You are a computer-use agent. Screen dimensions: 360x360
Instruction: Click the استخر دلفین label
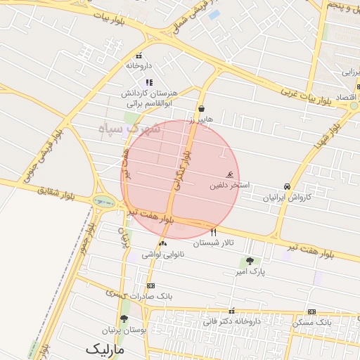(x=229, y=186)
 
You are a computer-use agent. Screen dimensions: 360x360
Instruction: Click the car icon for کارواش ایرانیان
(x=287, y=186)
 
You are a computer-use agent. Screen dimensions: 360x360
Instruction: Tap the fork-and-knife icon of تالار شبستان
(x=214, y=232)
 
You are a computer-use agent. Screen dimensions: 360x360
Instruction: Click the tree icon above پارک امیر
(x=250, y=261)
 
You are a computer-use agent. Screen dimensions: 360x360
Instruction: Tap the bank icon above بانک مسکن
(x=311, y=311)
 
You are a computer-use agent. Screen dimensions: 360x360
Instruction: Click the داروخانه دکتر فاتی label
(x=232, y=321)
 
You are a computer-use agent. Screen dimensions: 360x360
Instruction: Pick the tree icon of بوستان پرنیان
(x=124, y=319)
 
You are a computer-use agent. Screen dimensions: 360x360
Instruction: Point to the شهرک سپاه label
(x=130, y=129)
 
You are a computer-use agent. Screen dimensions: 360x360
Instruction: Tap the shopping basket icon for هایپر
(x=202, y=109)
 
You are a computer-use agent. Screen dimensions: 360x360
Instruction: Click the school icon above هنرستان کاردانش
(x=148, y=83)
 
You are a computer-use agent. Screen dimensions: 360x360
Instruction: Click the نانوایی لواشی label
(x=163, y=255)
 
